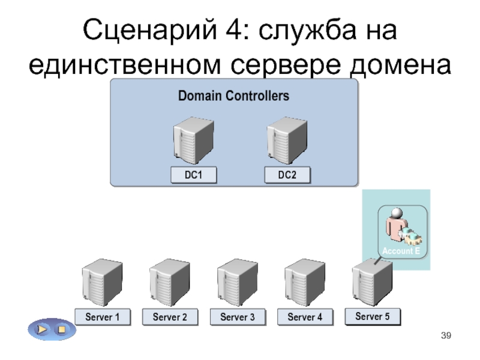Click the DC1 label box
click(193, 175)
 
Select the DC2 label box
click(287, 175)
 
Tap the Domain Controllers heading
click(233, 96)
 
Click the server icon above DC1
click(193, 140)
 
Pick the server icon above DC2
click(286, 140)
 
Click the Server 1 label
click(102, 317)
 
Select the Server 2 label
click(170, 317)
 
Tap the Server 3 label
click(238, 317)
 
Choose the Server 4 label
click(305, 317)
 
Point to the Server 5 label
click(373, 316)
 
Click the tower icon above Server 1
click(102, 282)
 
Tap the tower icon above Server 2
click(170, 282)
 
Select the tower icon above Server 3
click(238, 282)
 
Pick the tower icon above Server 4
click(305, 282)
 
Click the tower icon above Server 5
click(373, 281)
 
